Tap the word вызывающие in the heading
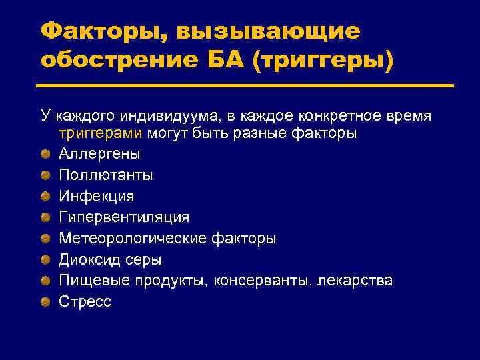[269, 31]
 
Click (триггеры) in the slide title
[322, 60]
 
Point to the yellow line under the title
[247, 85]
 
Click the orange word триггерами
[100, 133]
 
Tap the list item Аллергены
[99, 154]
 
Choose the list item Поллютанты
[105, 175]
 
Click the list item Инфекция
[97, 197]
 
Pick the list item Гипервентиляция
[124, 217]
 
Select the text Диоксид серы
[110, 259]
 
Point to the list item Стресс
[85, 301]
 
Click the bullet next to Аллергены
[45, 154]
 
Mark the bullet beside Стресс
[45, 302]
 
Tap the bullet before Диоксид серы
[45, 259]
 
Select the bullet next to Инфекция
[45, 197]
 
